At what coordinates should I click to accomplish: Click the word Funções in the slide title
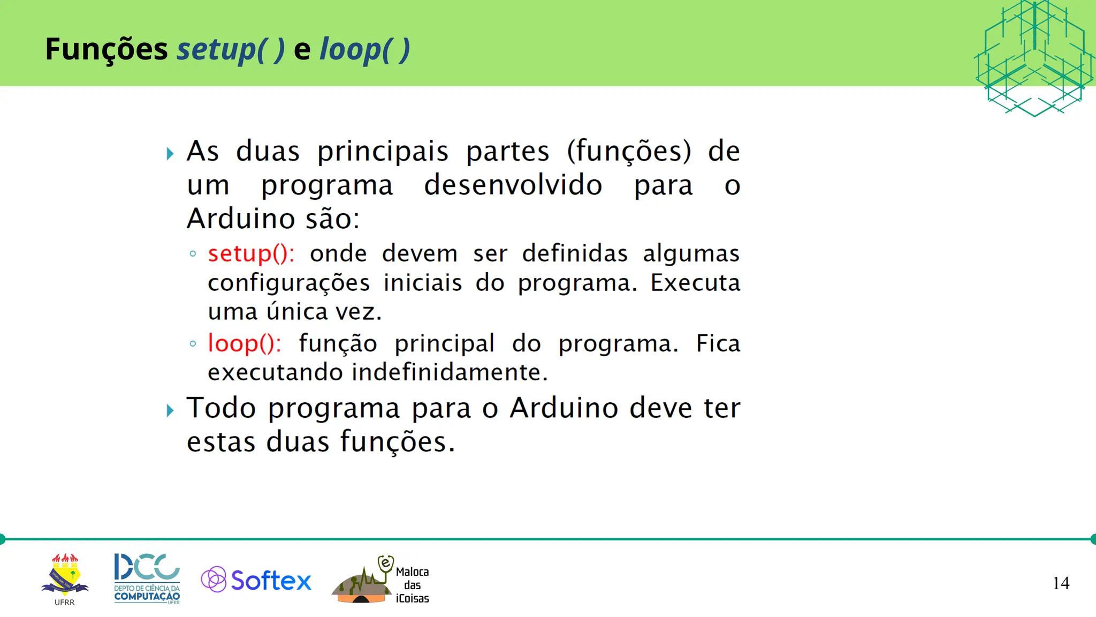106,49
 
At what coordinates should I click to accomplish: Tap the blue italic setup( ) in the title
231,50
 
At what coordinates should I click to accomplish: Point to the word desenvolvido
513,185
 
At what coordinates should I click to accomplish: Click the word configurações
288,283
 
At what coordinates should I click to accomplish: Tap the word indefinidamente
450,372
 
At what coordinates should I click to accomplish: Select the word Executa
695,283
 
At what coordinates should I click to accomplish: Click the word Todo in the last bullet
221,408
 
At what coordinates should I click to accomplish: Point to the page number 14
1061,583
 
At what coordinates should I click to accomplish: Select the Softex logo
256,580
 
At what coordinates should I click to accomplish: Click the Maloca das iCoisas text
412,585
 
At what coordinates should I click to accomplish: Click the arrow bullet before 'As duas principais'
170,154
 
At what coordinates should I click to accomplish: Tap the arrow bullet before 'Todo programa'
170,411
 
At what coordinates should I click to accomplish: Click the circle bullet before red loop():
193,344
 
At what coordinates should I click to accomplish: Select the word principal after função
444,344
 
